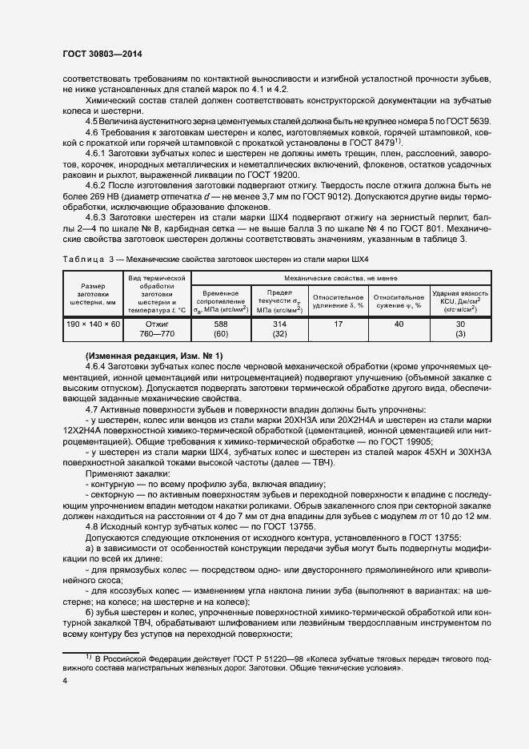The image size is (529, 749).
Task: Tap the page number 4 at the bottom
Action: (x=64, y=680)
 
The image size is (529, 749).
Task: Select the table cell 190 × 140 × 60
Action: (x=94, y=329)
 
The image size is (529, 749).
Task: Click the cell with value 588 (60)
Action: (x=220, y=329)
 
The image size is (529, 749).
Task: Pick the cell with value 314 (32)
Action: (x=280, y=329)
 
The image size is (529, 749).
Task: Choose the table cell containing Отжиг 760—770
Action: (x=157, y=329)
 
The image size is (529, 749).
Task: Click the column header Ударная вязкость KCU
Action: (x=460, y=300)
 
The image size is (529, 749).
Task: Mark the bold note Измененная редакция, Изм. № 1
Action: (x=154, y=355)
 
